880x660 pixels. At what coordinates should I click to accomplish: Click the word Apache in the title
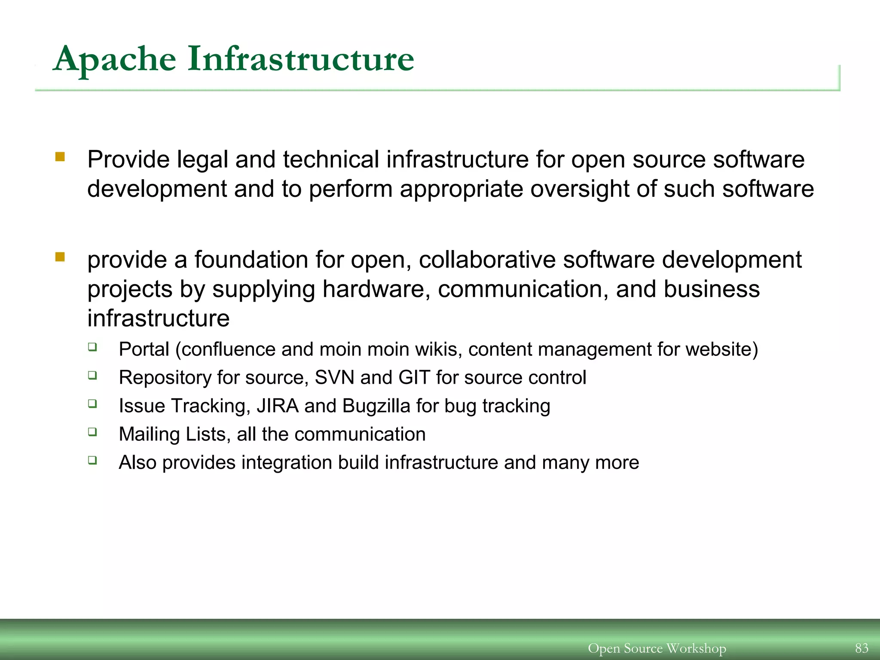pyautogui.click(x=115, y=59)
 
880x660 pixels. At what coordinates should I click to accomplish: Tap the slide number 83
pyautogui.click(x=862, y=648)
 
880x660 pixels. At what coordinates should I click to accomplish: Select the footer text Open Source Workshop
pyautogui.click(x=657, y=648)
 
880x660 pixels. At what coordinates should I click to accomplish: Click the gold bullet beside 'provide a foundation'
pyautogui.click(x=60, y=257)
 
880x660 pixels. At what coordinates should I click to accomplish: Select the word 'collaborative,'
pyautogui.click(x=487, y=260)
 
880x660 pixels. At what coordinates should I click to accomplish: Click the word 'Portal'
pyautogui.click(x=144, y=349)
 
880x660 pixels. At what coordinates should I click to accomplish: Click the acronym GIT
pyautogui.click(x=414, y=378)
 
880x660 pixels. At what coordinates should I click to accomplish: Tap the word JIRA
pyautogui.click(x=278, y=406)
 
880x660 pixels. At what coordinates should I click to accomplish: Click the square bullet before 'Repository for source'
pyautogui.click(x=92, y=375)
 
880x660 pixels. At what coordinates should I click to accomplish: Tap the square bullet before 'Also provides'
pyautogui.click(x=92, y=460)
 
